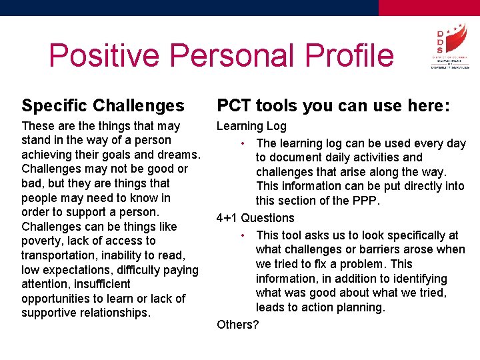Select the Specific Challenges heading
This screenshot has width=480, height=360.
point(103,105)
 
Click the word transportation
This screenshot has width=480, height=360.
point(60,255)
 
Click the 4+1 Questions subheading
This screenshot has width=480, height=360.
point(255,218)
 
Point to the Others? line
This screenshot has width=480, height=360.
point(238,325)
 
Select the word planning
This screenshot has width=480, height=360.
point(361,307)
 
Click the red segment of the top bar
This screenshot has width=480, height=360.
point(429,7)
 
